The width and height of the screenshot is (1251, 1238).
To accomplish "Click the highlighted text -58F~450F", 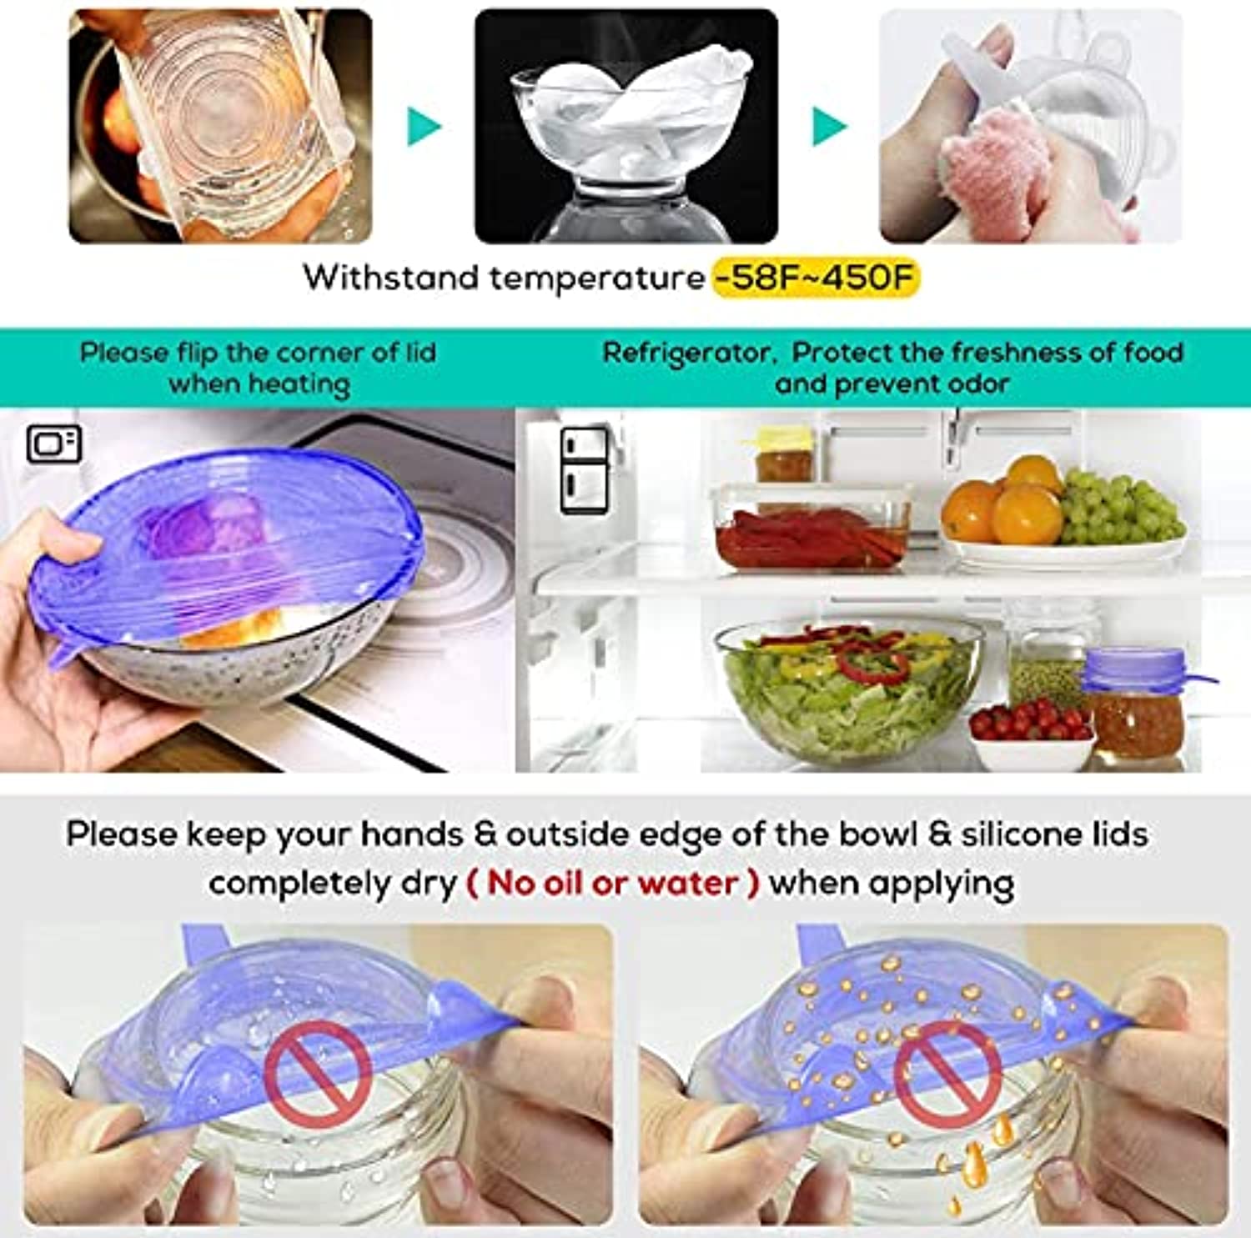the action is point(816,278).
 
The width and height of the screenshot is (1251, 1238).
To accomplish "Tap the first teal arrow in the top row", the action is point(424,127).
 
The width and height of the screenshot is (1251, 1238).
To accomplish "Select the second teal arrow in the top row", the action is point(830,127).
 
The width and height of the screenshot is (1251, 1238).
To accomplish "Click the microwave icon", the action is point(54,444).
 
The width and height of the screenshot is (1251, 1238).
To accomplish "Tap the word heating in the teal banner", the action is point(299,385).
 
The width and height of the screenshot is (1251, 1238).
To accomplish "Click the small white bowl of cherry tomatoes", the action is point(1032,734).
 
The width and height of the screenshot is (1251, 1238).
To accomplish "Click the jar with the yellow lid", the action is point(783,455).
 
